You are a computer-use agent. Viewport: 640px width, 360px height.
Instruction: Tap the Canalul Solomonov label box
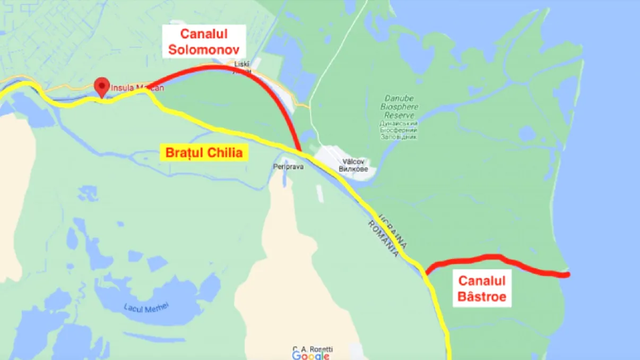(204, 42)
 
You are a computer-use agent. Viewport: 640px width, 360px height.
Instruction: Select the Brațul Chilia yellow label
(204, 153)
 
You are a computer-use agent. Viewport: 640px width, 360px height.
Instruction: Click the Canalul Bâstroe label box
(482, 288)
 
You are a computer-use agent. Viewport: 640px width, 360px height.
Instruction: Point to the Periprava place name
(288, 167)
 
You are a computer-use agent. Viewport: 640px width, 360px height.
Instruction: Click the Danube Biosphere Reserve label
(400, 107)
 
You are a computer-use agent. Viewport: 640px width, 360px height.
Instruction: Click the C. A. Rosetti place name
(313, 349)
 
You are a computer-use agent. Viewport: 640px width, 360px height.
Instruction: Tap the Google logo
(310, 356)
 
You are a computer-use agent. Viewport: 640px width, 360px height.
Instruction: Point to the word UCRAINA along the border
(393, 232)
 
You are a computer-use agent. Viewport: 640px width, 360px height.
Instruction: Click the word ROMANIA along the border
(383, 239)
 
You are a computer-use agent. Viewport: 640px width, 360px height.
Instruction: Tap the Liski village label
(241, 64)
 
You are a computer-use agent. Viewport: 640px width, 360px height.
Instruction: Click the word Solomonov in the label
(204, 49)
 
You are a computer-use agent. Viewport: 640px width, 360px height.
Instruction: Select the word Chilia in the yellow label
(226, 153)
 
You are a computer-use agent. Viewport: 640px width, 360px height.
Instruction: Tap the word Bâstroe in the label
(482, 296)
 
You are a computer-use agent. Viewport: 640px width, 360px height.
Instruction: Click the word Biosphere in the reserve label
(400, 107)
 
